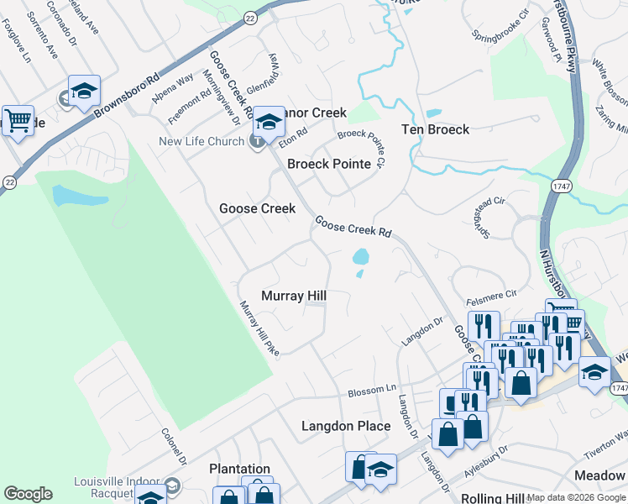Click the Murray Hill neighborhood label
293,296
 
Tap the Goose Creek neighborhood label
257,208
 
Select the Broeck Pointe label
329,164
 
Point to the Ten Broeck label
435,129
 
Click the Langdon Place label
346,426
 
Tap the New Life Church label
201,141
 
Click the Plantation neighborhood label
240,469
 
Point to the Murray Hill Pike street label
259,328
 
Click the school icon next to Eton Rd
269,123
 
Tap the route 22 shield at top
250,17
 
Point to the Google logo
28,494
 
